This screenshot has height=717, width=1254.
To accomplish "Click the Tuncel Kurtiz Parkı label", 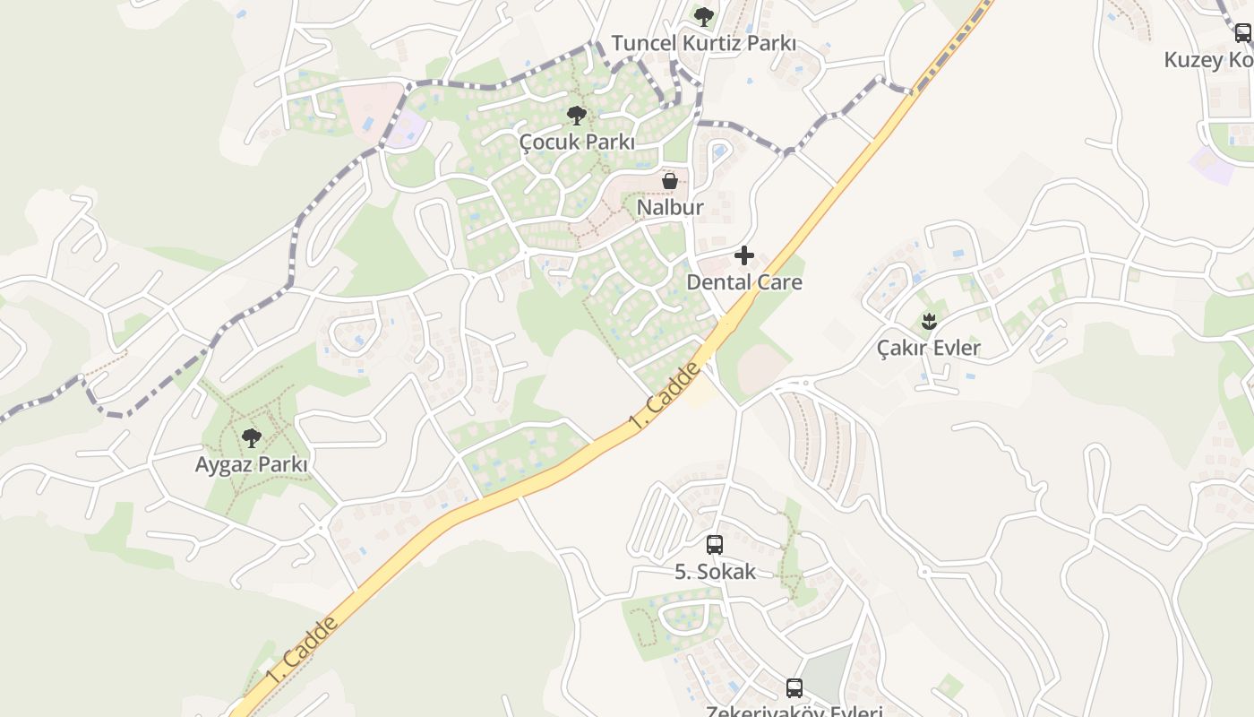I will coord(703,43).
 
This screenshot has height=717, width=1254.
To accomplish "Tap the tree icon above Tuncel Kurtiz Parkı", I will coord(704,16).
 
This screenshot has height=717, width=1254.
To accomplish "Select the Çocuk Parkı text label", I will coord(577,142).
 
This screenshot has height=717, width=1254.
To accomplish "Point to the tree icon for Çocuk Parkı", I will coord(577,115).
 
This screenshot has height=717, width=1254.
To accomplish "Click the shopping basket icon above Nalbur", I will coord(669,181).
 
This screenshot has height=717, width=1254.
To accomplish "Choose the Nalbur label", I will coord(670,207).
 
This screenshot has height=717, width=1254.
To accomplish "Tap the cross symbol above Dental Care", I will coord(744,256).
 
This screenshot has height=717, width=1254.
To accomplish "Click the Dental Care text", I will coord(744,282).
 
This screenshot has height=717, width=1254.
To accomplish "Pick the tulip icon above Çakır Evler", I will coord(929,321).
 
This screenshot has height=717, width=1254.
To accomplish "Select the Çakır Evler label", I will coord(929,348).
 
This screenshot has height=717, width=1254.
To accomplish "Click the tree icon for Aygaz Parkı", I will coord(252,438).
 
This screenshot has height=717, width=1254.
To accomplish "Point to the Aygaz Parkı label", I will coord(252,465).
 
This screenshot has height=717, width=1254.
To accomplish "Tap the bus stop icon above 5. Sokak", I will coord(715,545).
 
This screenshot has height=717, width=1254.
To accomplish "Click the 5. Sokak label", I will coord(715,572).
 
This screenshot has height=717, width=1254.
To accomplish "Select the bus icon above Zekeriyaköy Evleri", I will coord(794,688).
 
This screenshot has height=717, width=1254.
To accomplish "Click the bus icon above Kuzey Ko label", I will coord(1243,33).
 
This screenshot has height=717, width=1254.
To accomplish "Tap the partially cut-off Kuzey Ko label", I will coord(1208,60).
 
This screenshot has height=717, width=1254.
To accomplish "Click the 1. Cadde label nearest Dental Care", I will coord(664,394).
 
